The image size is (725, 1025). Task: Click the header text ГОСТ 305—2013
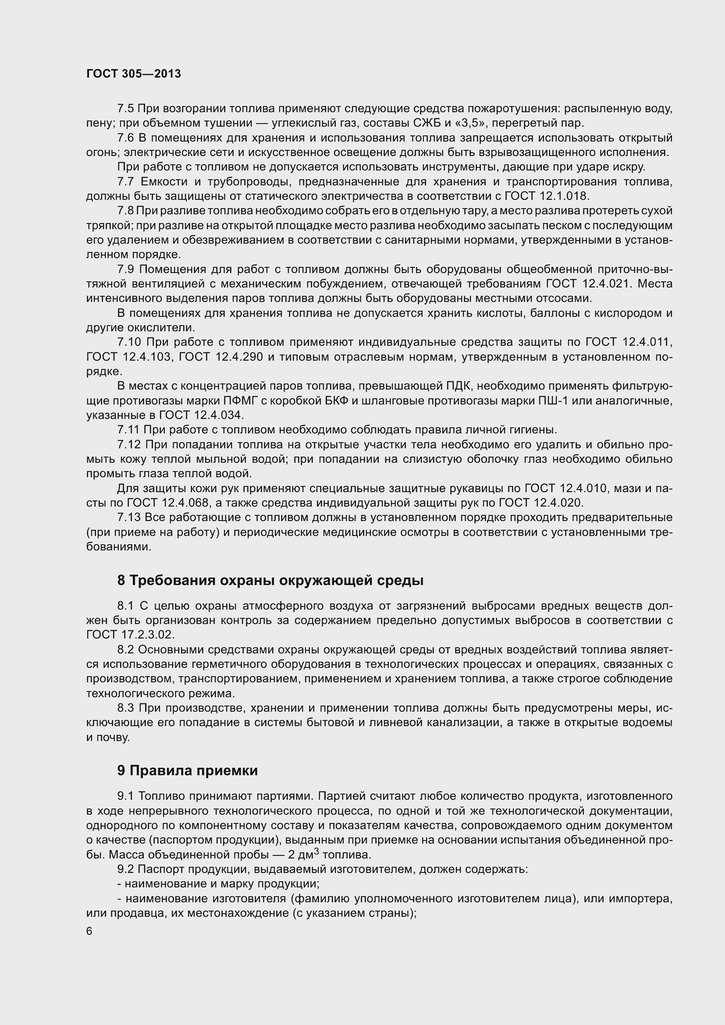pos(134,74)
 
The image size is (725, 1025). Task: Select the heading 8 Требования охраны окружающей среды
pos(270,580)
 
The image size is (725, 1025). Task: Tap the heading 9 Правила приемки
pos(188,770)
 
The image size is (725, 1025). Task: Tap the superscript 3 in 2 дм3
pos(316,851)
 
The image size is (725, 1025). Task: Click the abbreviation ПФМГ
pos(237,401)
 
